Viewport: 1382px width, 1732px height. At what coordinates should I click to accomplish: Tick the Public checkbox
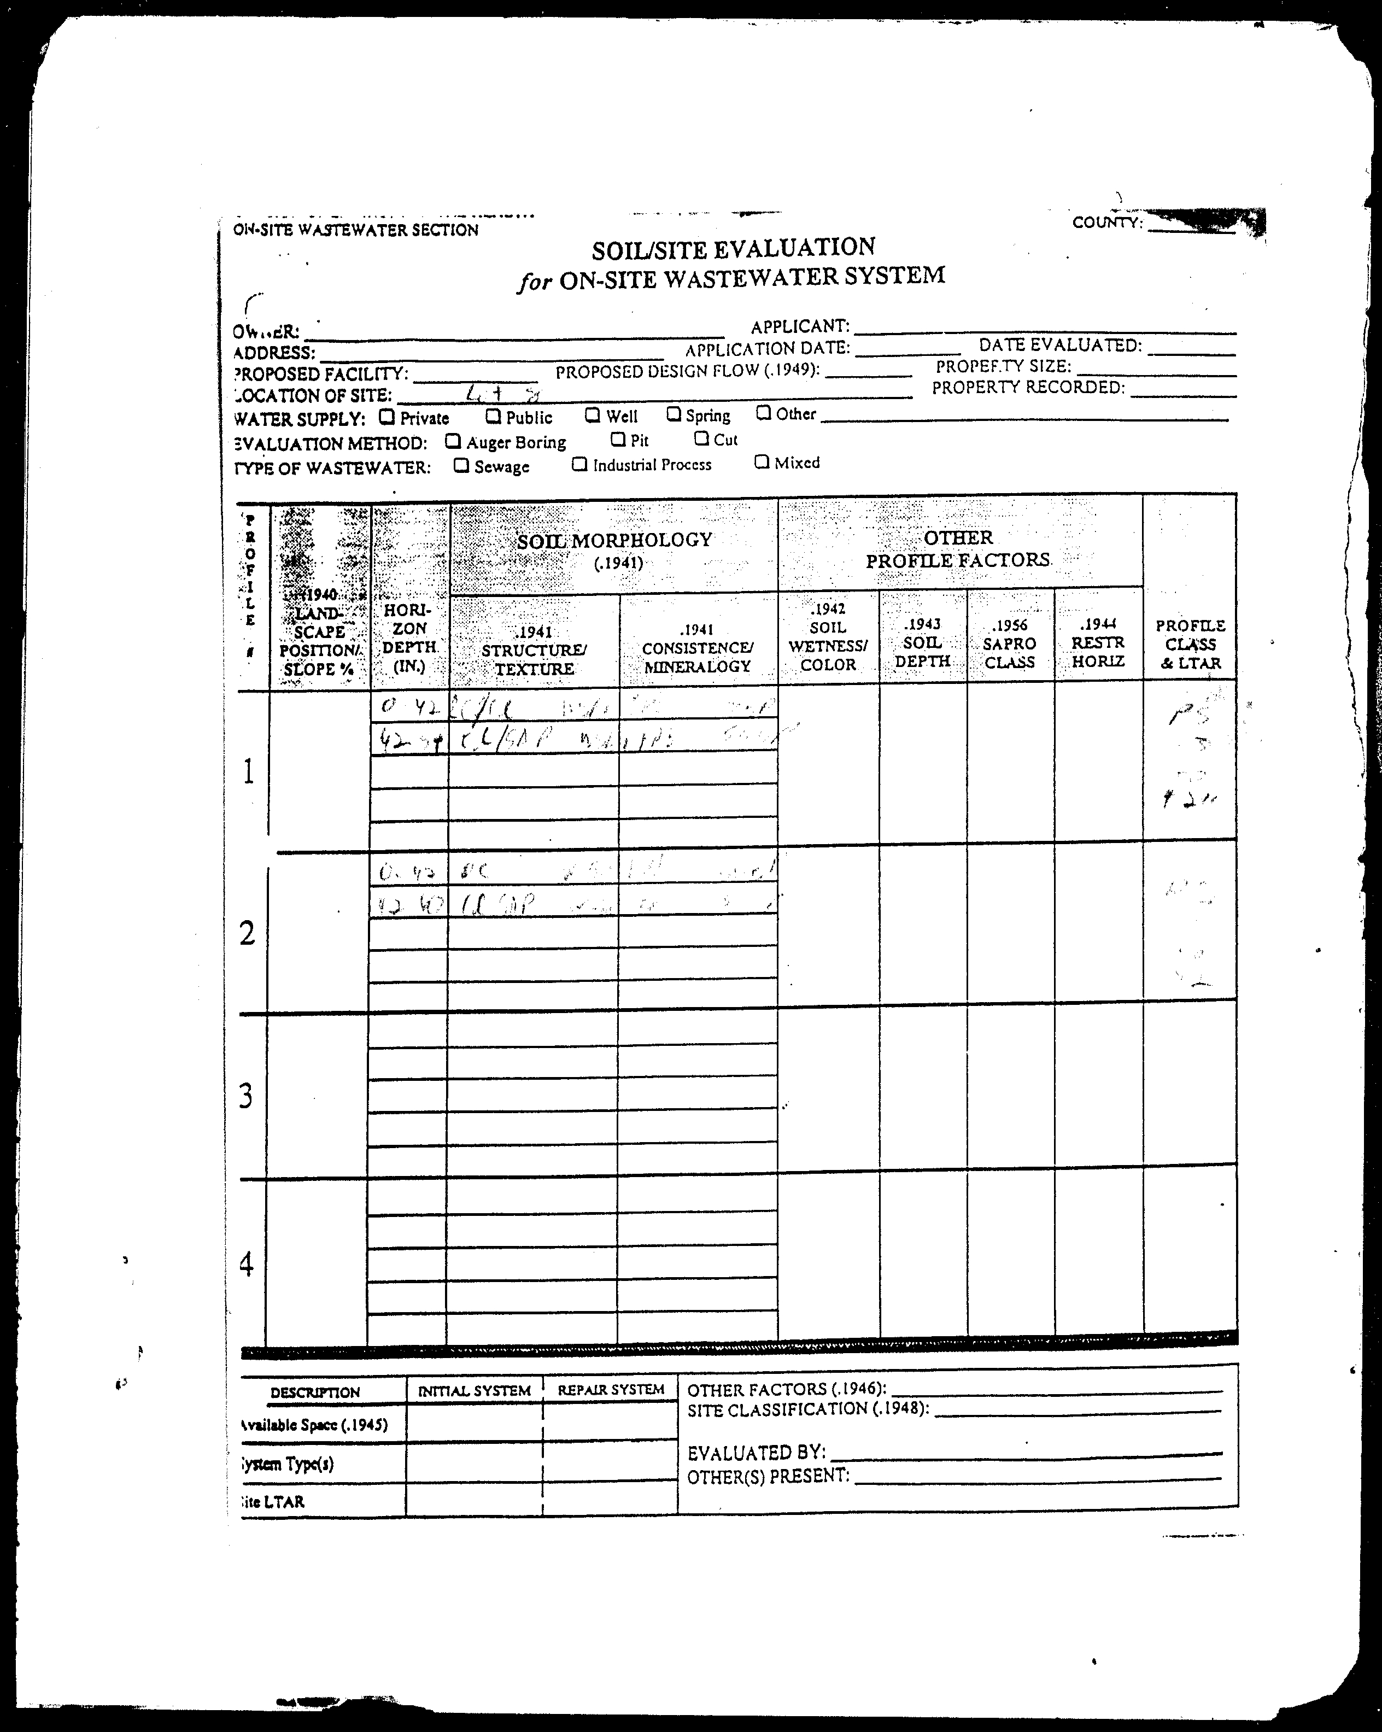point(493,416)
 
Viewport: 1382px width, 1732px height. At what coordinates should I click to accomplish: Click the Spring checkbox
point(674,414)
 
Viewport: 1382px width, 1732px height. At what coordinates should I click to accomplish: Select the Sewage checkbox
point(461,465)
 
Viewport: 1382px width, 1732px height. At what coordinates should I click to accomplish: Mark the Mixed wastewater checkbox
point(762,462)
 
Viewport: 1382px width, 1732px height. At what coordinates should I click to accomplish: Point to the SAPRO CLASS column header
point(1010,643)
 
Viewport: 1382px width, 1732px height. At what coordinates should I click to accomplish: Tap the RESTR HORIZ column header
point(1098,643)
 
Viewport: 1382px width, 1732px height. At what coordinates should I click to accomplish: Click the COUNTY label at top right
point(1107,223)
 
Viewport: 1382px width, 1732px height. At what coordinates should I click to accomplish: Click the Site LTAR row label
point(273,1501)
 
